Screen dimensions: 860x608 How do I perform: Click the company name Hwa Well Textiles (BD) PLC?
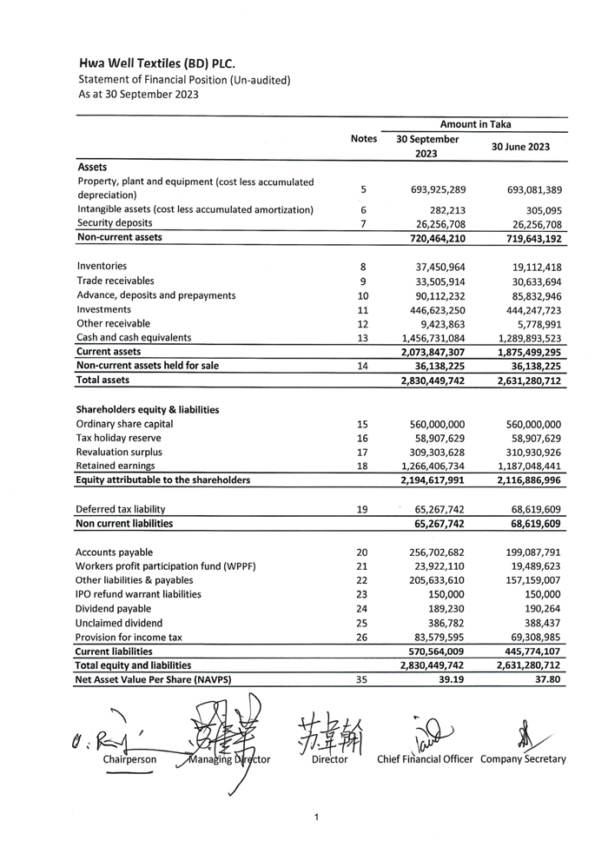[x=156, y=63]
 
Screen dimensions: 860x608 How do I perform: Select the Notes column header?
[x=364, y=139]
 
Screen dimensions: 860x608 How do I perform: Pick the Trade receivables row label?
[x=116, y=281]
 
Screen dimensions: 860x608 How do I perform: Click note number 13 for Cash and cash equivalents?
[x=363, y=338]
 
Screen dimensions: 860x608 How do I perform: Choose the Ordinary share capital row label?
[x=124, y=424]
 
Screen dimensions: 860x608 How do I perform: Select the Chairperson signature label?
[x=129, y=759]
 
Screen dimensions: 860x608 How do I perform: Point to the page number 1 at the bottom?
[x=317, y=817]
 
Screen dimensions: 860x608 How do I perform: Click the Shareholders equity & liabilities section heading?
[x=148, y=409]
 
